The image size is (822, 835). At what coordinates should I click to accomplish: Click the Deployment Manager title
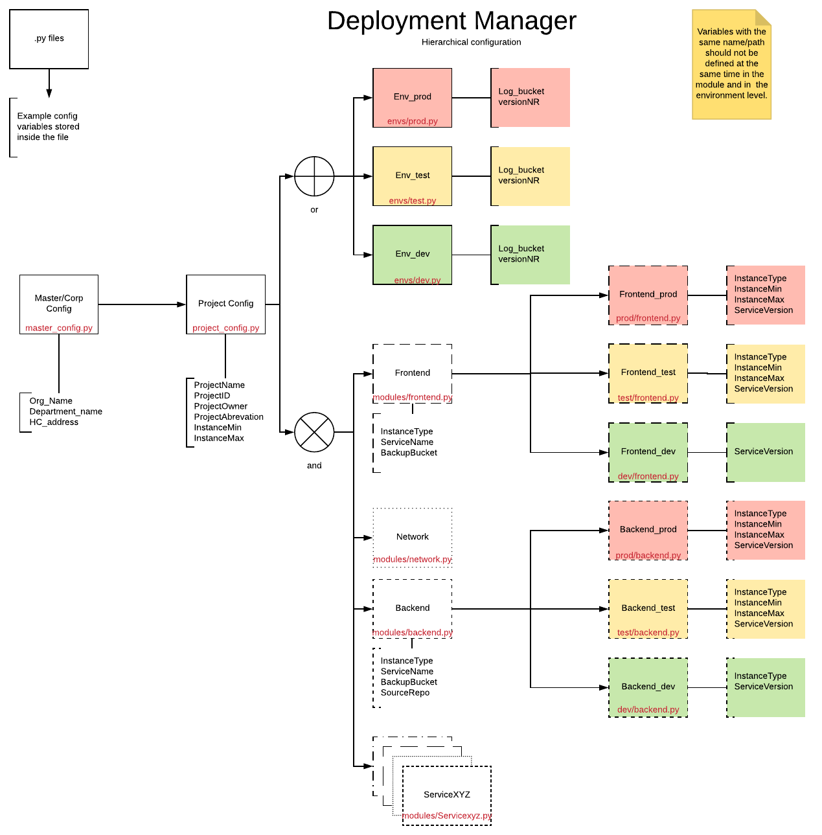[451, 21]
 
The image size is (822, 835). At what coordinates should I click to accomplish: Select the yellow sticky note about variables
[731, 64]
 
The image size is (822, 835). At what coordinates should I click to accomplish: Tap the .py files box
[49, 39]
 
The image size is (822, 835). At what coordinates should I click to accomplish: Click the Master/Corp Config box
[59, 303]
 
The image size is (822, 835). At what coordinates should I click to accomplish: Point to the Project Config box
[225, 303]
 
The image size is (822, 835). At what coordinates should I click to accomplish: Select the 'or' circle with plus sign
[314, 176]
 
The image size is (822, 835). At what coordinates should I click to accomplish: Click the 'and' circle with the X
[314, 432]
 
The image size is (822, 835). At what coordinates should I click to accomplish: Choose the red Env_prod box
[412, 97]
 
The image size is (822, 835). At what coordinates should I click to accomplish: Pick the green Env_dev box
[412, 254]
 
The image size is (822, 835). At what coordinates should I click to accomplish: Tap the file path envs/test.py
[413, 201]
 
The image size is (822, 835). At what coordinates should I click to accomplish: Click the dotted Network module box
[413, 537]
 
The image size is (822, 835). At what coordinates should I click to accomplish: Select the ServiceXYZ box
[447, 794]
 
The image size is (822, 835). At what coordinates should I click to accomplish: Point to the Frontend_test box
[648, 372]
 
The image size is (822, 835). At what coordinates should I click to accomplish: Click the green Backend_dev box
[648, 687]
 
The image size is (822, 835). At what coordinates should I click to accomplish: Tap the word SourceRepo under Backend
[405, 692]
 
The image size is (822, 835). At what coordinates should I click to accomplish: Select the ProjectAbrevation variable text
[229, 417]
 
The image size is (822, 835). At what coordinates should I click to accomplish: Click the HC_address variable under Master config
[54, 422]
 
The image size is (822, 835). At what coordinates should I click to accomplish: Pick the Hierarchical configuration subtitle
[471, 42]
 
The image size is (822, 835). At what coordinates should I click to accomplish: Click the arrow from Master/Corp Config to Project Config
[142, 304]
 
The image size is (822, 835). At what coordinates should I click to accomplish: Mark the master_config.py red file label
[59, 328]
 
